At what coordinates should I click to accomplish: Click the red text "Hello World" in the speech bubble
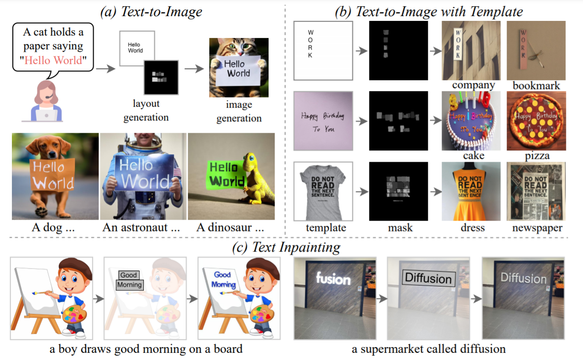54,60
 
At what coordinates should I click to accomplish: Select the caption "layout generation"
146,110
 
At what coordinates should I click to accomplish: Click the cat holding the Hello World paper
239,67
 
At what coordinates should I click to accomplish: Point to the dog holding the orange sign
55,175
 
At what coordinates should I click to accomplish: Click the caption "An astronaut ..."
141,228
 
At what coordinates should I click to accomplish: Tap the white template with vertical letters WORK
323,51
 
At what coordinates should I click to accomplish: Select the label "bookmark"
536,86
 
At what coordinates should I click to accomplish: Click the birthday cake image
471,120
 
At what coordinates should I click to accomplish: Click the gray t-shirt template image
323,191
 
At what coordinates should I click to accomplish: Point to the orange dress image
471,191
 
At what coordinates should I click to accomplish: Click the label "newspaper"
536,228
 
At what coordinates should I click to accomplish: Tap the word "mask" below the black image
399,228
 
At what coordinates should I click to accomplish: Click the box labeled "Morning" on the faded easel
130,285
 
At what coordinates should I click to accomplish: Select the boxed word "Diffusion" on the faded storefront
428,278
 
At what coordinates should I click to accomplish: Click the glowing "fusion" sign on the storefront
333,278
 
